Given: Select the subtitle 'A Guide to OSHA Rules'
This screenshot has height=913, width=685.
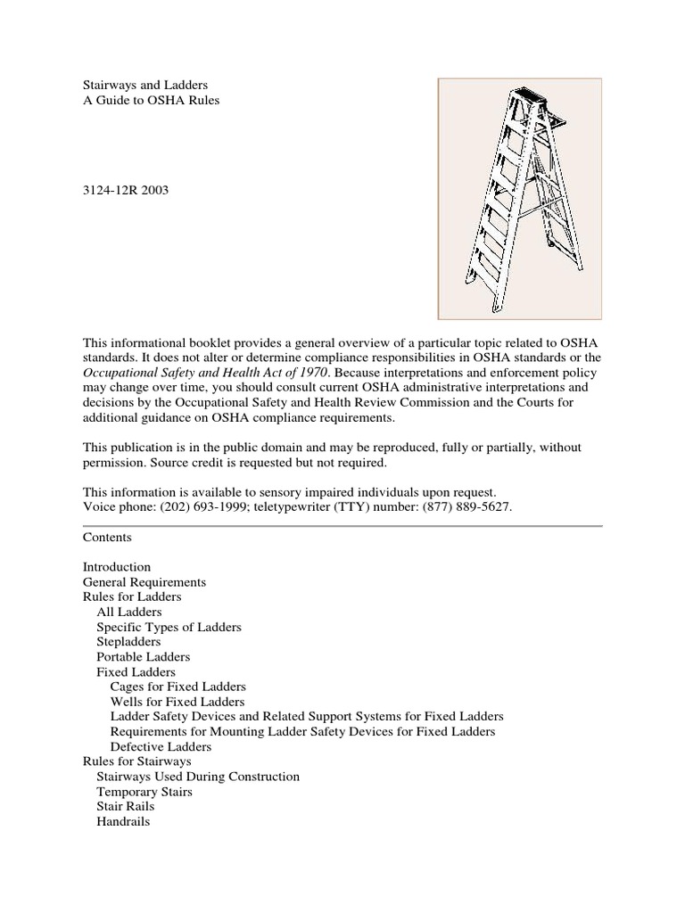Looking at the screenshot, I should pyautogui.click(x=151, y=101).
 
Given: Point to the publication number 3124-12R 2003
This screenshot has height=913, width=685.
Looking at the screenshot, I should pyautogui.click(x=125, y=191).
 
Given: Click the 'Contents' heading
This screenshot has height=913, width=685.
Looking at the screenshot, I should pyautogui.click(x=107, y=538).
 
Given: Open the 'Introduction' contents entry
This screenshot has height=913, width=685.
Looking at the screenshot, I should pyautogui.click(x=117, y=567).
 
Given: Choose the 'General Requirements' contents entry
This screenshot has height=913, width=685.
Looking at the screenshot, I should pyautogui.click(x=144, y=582).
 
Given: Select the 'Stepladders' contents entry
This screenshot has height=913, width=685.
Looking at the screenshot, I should pyautogui.click(x=128, y=642).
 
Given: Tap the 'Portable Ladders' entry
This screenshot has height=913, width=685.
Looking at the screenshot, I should pyautogui.click(x=143, y=657).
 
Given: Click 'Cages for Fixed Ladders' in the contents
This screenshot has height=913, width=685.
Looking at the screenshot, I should pyautogui.click(x=177, y=687).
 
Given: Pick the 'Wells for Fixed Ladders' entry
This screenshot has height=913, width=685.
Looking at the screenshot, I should pyautogui.click(x=177, y=702).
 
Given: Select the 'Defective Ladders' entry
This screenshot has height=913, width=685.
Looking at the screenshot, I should pyautogui.click(x=161, y=746).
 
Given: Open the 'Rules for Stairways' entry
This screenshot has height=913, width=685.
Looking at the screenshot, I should pyautogui.click(x=136, y=761).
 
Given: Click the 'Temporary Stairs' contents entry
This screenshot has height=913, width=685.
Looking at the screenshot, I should pyautogui.click(x=144, y=792).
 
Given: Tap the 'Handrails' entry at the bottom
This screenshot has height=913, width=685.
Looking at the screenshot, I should pyautogui.click(x=123, y=821).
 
